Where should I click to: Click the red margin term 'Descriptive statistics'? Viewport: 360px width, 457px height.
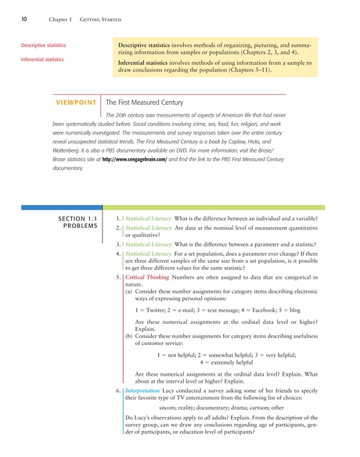[43, 46]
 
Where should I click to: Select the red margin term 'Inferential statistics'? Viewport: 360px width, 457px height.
[42, 59]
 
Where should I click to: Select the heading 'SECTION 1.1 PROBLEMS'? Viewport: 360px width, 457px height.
[78, 221]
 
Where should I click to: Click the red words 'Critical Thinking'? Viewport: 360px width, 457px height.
[147, 279]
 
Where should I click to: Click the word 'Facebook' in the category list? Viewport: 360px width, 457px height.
[262, 311]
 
